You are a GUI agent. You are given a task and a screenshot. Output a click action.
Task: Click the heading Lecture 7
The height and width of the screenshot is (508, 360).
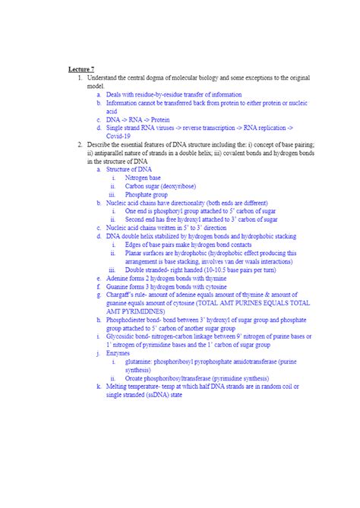[81, 69]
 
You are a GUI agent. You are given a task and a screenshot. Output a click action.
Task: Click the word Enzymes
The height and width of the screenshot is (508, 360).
[118, 353]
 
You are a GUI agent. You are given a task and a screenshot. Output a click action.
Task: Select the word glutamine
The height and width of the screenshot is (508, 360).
[140, 361]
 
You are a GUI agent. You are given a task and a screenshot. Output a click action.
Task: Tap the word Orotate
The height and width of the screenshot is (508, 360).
[137, 378]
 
